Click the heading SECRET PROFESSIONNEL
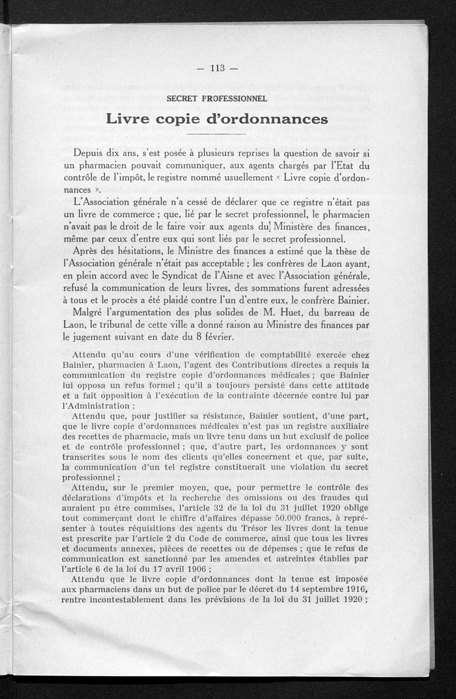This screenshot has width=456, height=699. (217, 98)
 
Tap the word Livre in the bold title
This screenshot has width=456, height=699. (130, 119)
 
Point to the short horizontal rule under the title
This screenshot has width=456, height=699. (217, 135)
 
